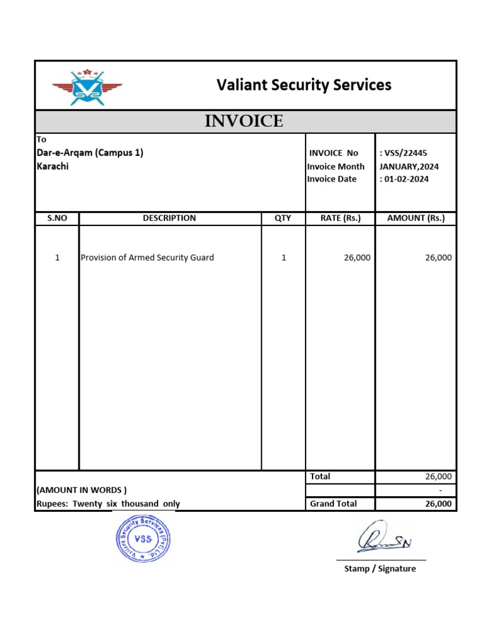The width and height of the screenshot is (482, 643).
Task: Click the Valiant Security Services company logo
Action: point(87,86)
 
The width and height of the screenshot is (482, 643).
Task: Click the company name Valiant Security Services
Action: point(304,85)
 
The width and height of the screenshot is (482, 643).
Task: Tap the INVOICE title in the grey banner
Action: point(244,121)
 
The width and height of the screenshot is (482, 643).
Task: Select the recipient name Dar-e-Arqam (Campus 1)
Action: point(90,153)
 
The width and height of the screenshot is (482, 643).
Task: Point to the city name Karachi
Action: point(53,166)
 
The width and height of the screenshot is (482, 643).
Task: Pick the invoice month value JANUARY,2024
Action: point(409,166)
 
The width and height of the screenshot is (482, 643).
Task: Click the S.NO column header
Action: point(57,218)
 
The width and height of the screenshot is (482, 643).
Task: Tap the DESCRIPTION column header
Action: point(169,218)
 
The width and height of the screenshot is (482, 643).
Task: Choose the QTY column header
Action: point(283,218)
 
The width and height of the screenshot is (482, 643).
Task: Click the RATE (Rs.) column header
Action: point(340,218)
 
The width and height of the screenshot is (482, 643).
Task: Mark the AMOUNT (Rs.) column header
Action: point(415,218)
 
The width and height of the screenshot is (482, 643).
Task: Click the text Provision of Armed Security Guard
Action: point(147,257)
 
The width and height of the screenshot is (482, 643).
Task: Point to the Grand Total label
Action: point(333,504)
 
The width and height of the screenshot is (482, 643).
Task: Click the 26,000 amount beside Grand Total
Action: point(438,504)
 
